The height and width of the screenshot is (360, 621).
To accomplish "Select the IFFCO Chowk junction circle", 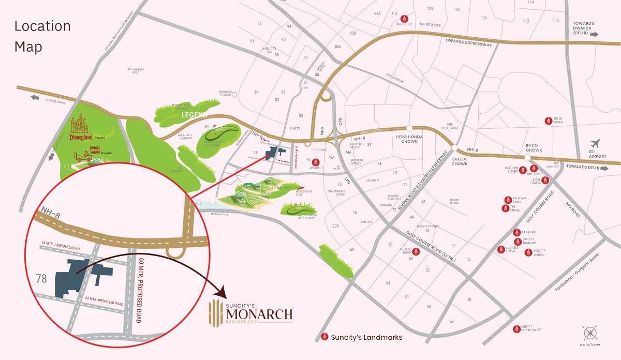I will (527, 158).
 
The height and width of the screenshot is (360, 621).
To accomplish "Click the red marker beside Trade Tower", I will (548, 121).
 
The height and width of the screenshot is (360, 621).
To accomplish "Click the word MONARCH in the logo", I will (259, 313).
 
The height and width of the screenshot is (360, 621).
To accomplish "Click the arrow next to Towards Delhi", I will (604, 168).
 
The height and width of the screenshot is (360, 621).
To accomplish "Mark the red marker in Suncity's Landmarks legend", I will (325, 337).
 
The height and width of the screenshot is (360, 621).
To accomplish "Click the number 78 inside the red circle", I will (42, 279).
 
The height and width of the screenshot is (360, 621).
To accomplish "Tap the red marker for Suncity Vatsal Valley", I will (516, 328).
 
